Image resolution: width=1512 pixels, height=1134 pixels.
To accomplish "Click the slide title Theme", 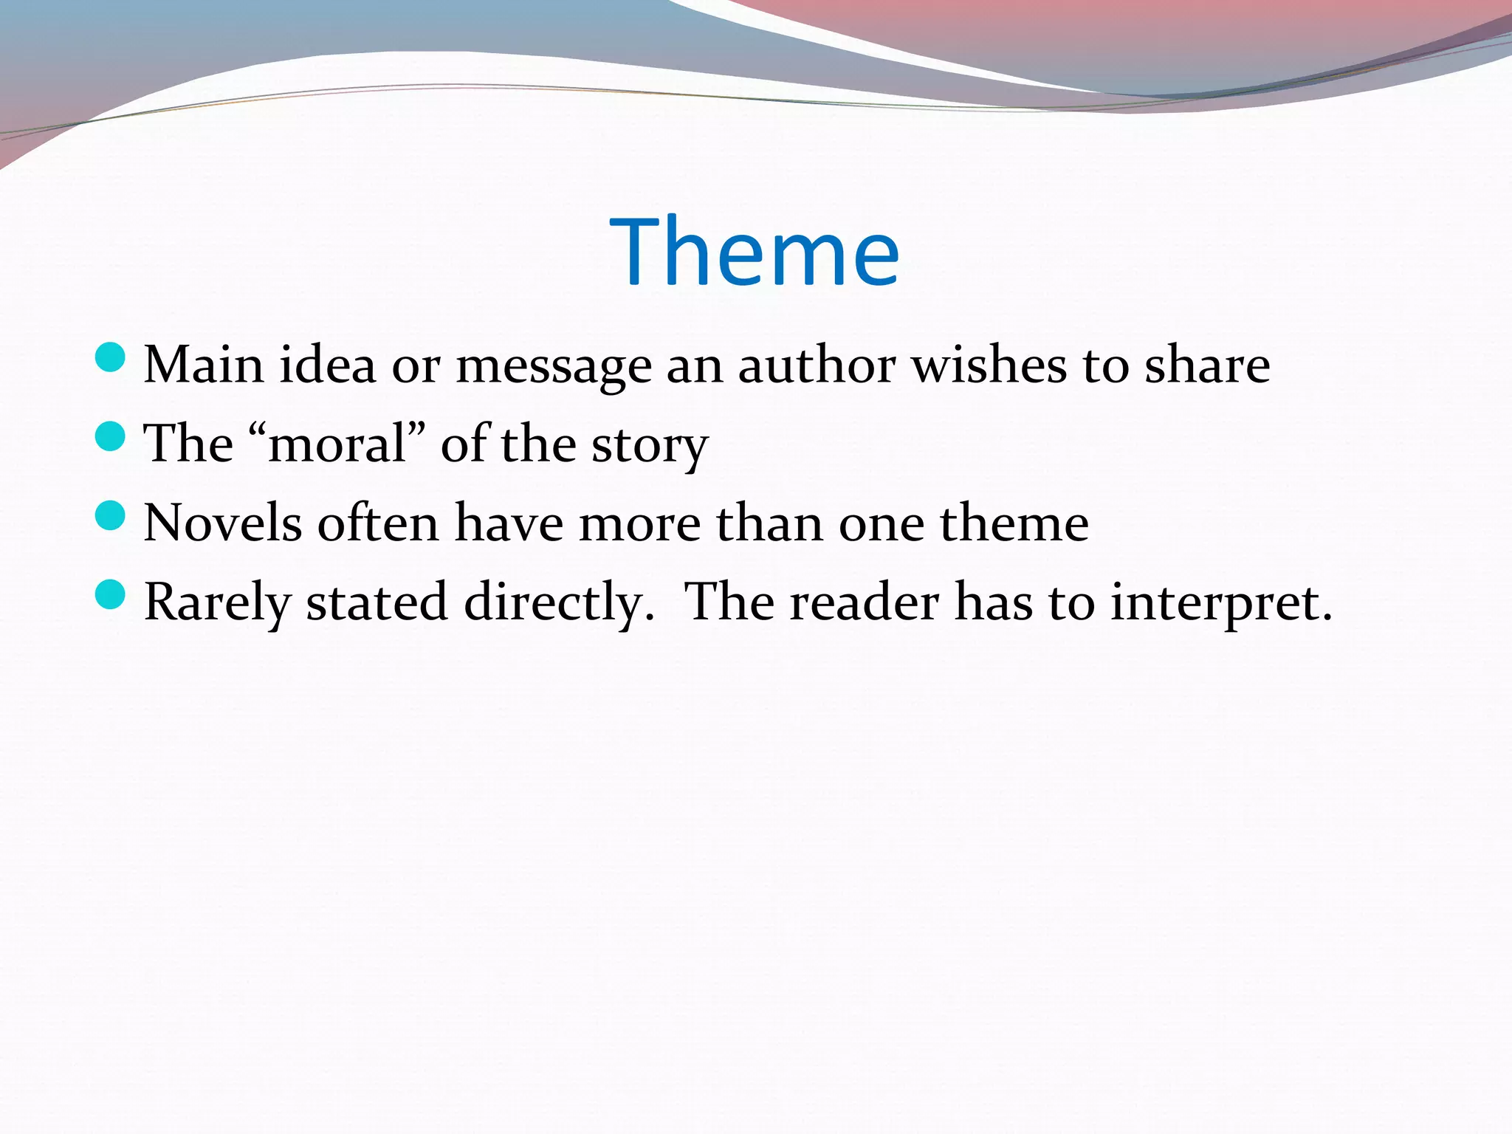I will (x=755, y=252).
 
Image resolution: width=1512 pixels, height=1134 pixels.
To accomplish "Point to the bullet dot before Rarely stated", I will (x=111, y=594).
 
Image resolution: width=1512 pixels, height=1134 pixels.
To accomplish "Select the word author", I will (x=817, y=365).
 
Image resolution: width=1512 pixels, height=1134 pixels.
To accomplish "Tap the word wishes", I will (x=989, y=365).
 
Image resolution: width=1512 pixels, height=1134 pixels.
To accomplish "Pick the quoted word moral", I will (x=337, y=444).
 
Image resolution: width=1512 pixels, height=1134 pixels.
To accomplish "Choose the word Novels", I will (x=222, y=523).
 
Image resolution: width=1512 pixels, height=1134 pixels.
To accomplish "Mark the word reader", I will (x=865, y=602).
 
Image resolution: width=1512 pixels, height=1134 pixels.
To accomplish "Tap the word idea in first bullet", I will (x=327, y=365).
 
